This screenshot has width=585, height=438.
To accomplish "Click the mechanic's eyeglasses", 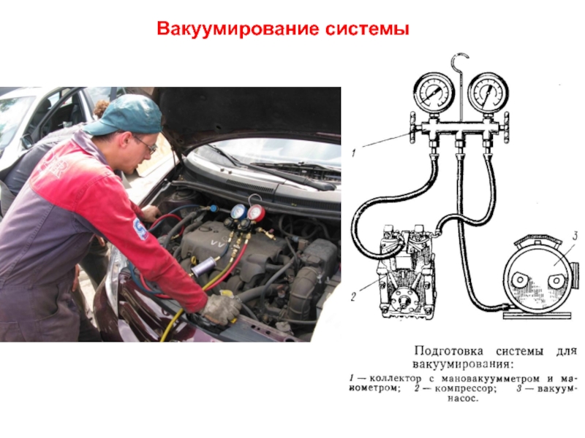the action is (x=146, y=143).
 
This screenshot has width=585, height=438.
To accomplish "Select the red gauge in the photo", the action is (x=255, y=212).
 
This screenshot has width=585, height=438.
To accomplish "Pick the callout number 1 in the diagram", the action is (x=353, y=153).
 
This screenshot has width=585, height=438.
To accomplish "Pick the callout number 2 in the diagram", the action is (x=354, y=296).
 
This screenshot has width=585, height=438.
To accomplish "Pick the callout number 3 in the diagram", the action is (x=575, y=235).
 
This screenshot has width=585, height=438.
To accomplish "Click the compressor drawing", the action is (x=406, y=272).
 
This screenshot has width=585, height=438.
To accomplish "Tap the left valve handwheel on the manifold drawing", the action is (x=412, y=127).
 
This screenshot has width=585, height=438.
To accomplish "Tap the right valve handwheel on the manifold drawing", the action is (x=506, y=127).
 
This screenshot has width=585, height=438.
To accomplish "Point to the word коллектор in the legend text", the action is (x=395, y=379).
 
